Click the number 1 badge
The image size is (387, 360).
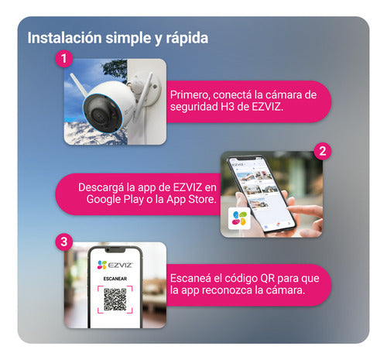coord(66,59)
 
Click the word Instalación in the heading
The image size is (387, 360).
coord(63,36)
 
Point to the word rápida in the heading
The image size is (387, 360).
coord(186,36)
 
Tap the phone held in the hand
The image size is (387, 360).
coord(263,194)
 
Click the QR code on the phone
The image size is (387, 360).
coord(115,298)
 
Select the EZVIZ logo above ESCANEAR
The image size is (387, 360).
coord(115,265)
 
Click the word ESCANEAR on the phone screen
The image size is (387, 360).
coord(115,281)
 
